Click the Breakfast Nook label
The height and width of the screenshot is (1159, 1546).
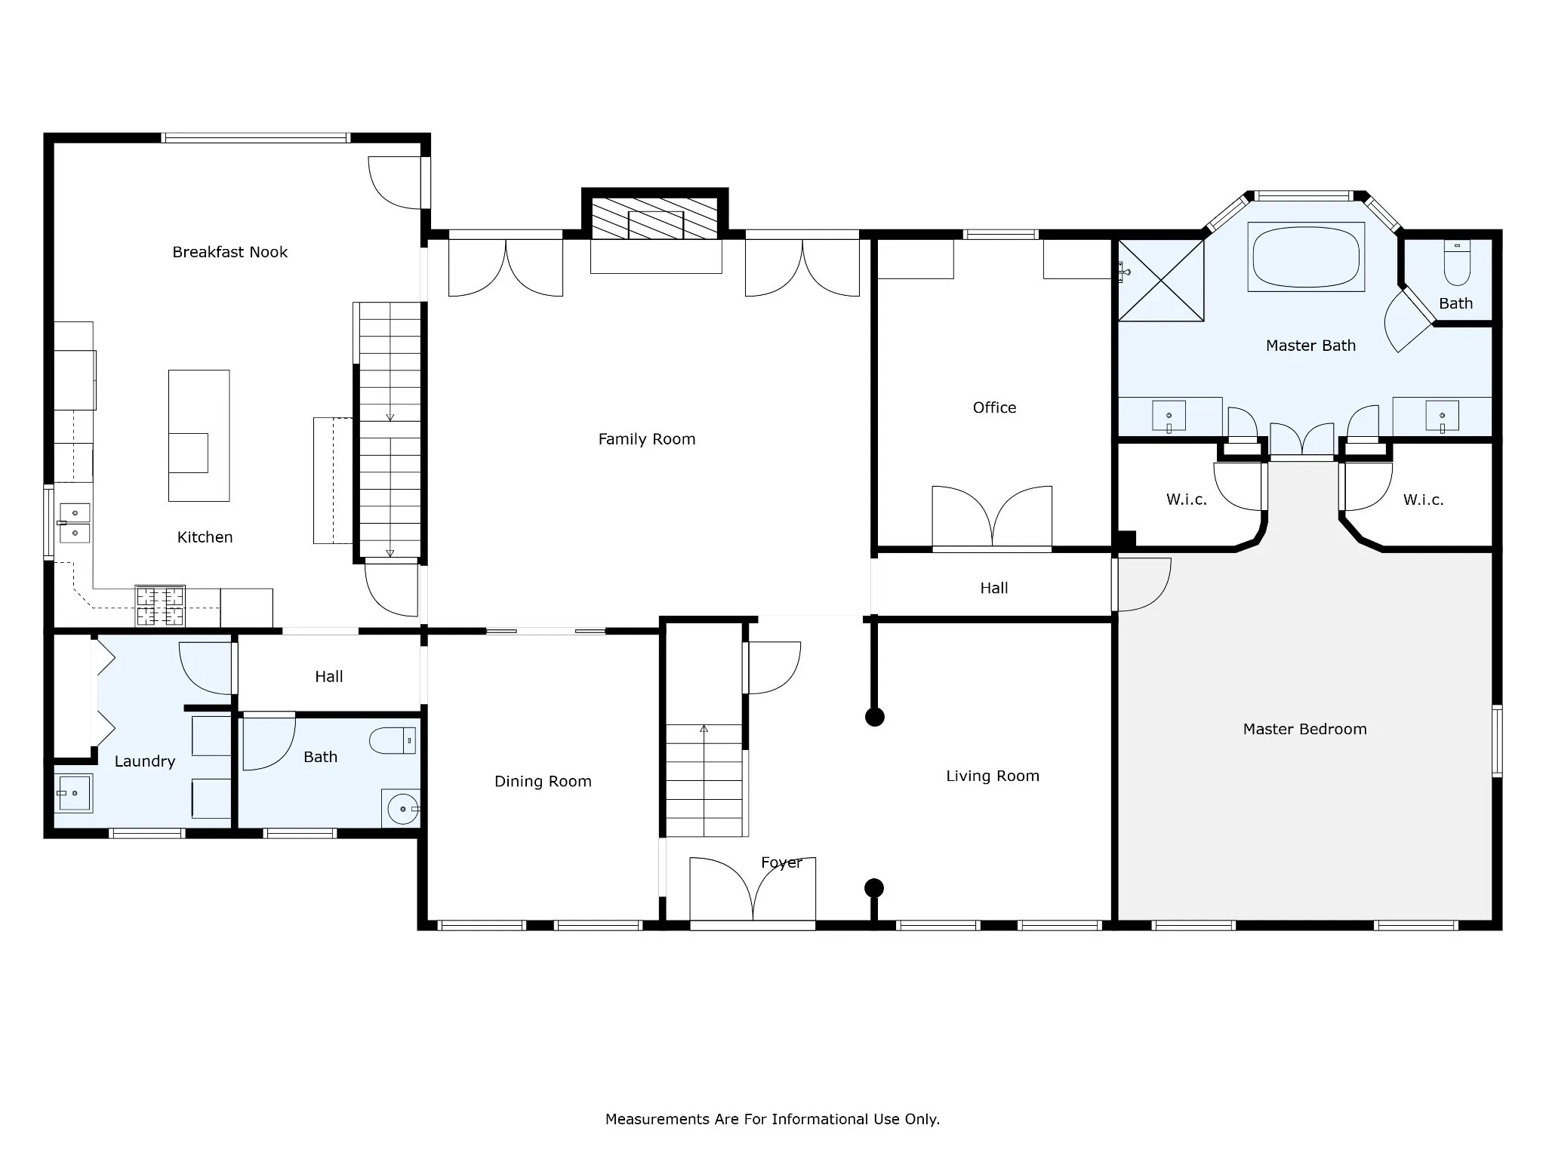click(229, 252)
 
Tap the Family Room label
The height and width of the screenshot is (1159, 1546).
click(647, 439)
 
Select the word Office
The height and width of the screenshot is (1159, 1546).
click(994, 407)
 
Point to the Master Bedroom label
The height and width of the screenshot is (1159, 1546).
click(1304, 729)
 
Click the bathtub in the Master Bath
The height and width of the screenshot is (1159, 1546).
click(1306, 257)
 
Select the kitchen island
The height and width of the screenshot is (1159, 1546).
click(199, 435)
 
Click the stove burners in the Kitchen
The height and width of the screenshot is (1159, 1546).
click(160, 606)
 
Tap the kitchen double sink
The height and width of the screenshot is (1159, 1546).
click(75, 523)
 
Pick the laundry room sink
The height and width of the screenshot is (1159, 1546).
click(74, 793)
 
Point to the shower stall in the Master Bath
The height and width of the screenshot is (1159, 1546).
click(1160, 281)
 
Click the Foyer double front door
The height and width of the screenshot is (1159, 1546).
click(753, 890)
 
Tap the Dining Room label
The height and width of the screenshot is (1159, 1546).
click(543, 782)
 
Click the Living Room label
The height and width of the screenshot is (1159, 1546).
click(993, 776)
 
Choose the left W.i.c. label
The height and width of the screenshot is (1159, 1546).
click(1186, 500)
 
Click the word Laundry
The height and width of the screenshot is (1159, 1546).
click(145, 762)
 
